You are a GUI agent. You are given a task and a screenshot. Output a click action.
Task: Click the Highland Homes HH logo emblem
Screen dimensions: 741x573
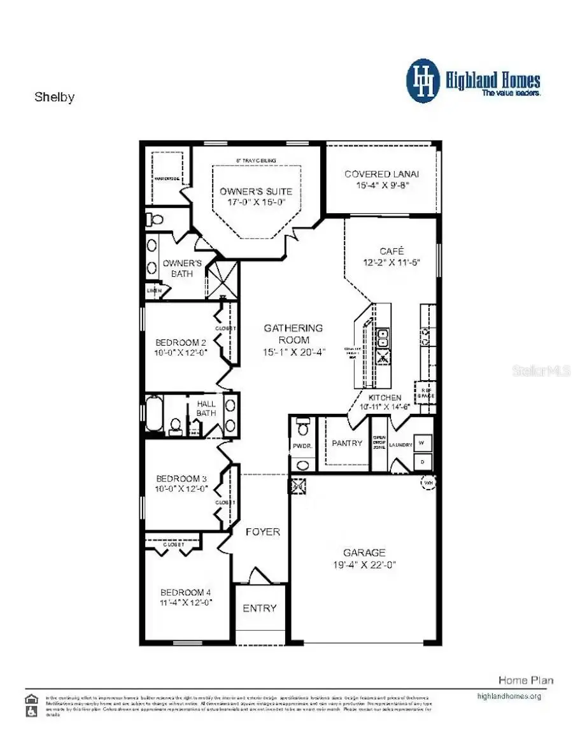click(x=423, y=81)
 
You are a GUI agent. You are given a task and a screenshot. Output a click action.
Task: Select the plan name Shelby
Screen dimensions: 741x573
click(x=54, y=97)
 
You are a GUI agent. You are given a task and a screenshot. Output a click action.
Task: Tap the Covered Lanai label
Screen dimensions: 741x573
click(x=381, y=174)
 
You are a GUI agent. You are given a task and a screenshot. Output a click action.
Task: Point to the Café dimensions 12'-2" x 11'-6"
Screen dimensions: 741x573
click(x=392, y=262)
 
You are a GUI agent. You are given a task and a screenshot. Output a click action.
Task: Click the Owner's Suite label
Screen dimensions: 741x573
click(x=256, y=191)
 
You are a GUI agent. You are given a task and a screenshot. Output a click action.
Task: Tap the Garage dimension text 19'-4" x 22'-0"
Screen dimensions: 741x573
click(x=364, y=565)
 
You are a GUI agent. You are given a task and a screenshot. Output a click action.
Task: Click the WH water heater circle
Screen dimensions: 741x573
click(x=427, y=483)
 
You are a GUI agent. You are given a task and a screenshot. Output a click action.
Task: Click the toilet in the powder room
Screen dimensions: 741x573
click(x=303, y=423)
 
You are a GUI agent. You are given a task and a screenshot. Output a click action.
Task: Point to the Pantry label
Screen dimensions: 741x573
click(x=347, y=443)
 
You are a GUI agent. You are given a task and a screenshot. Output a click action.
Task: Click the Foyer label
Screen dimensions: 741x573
click(x=262, y=532)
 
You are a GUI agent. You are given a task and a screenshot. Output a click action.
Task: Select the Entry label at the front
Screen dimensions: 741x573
click(x=260, y=608)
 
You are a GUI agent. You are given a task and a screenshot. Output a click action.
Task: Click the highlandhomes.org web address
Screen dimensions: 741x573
click(x=509, y=696)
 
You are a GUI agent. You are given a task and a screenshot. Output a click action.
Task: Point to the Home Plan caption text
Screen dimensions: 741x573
click(x=525, y=680)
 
